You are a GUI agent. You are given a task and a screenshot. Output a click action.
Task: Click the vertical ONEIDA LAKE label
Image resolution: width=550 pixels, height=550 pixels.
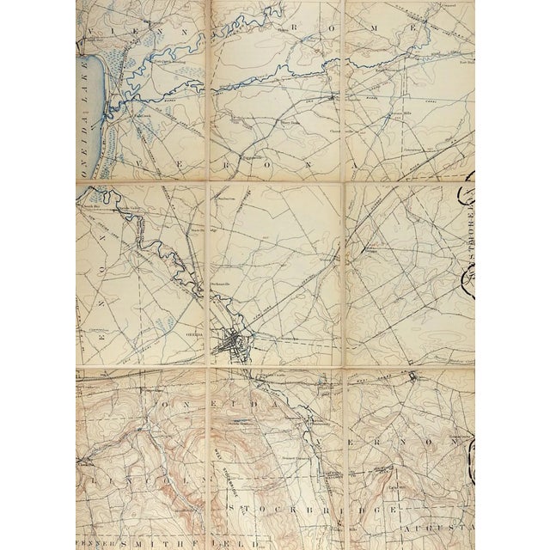[83, 120]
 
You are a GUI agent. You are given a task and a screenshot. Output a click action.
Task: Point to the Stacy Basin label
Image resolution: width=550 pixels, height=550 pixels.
[291, 123]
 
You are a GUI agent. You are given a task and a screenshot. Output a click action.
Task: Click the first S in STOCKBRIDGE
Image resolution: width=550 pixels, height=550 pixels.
[234, 510]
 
